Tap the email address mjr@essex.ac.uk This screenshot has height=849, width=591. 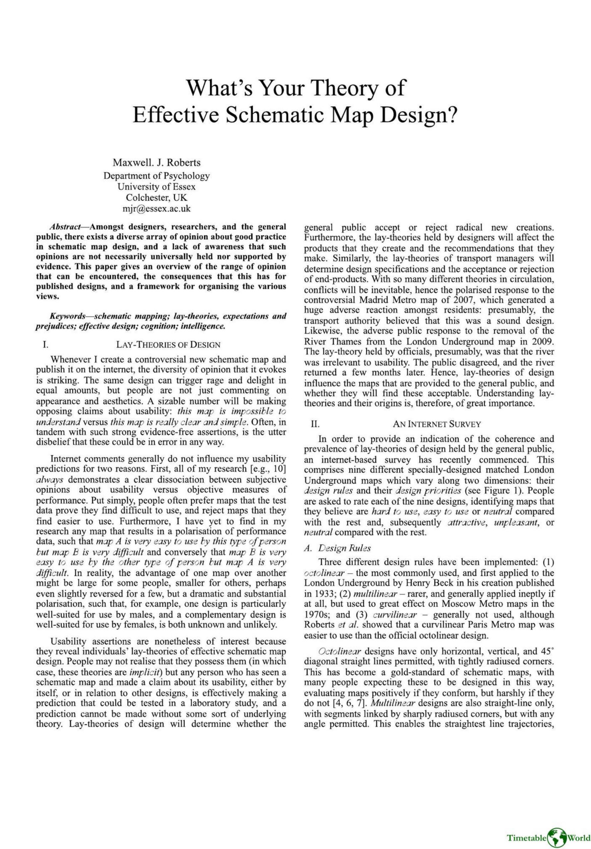[157, 209]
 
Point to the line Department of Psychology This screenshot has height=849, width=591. [157, 176]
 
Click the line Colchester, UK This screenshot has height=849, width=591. [157, 197]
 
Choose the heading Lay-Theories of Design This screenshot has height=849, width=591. [168, 345]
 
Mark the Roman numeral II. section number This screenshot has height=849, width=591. [315, 424]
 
